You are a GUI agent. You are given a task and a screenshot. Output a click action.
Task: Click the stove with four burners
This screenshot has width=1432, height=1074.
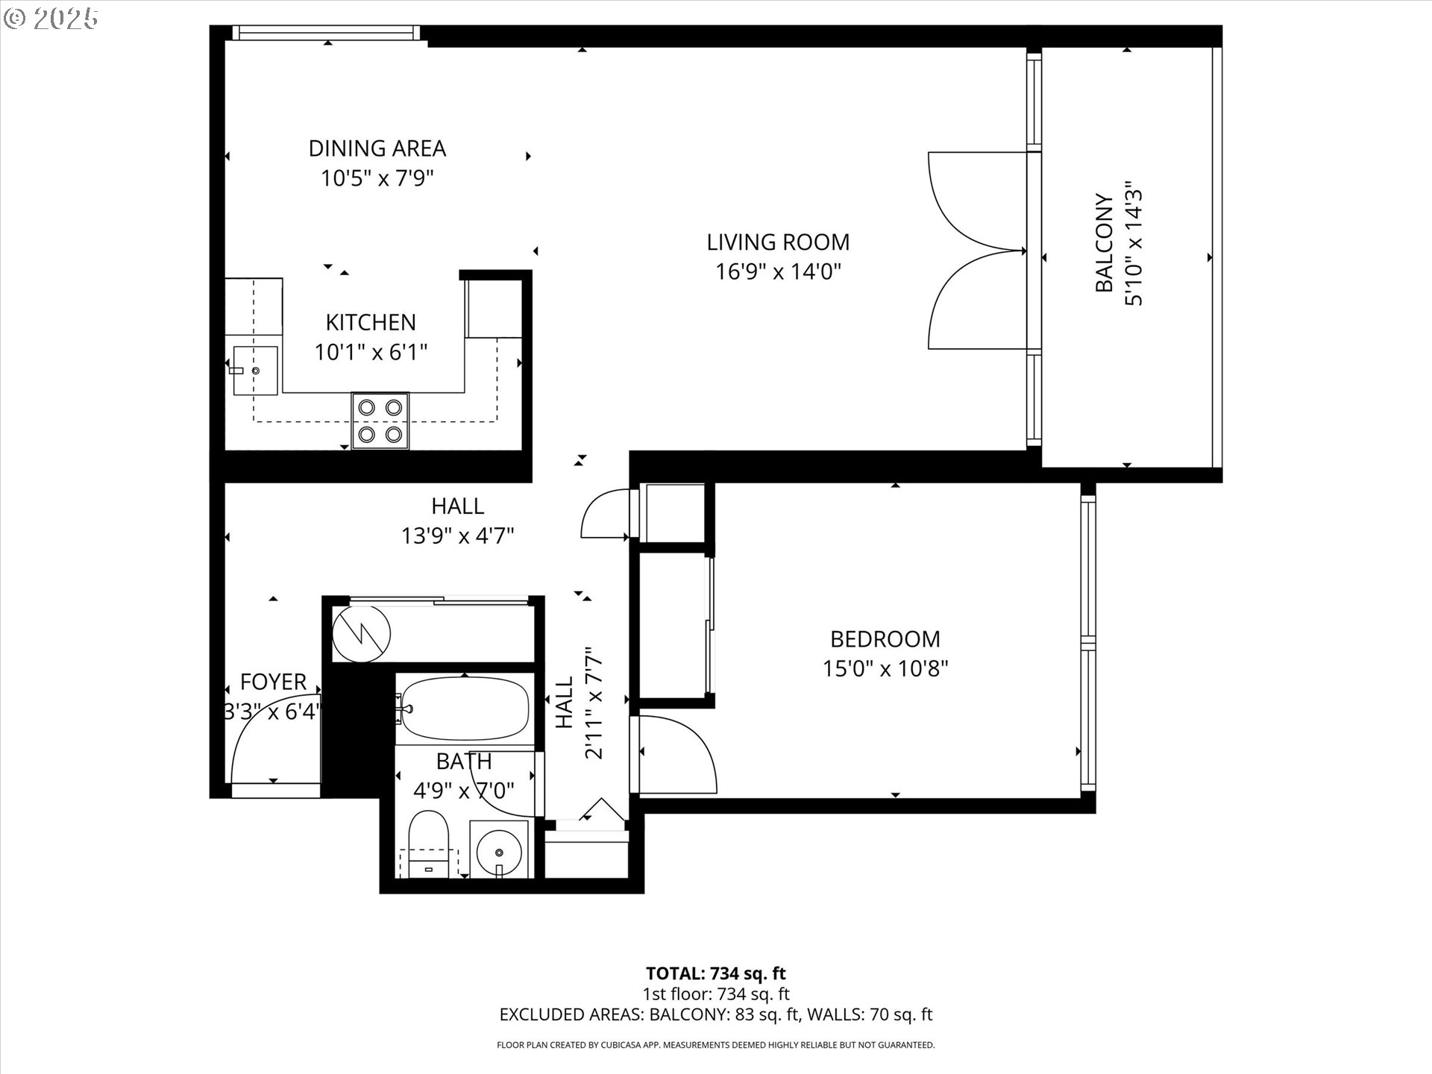pos(380,421)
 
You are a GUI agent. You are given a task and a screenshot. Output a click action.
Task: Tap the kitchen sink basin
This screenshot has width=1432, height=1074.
pos(255,370)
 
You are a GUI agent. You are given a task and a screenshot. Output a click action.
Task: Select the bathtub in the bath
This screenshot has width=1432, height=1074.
pos(464,709)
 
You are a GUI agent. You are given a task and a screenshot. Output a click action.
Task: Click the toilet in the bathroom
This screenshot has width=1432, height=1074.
pos(429,843)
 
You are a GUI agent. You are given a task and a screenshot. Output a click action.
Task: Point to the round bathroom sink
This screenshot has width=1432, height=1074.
pos(499,850)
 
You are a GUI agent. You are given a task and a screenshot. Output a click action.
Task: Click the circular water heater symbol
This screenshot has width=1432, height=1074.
pos(361,633)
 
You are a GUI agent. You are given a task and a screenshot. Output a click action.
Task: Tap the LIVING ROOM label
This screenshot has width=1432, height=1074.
pos(778,242)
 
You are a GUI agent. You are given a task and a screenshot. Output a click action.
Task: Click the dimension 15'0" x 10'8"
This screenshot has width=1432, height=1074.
pos(885,668)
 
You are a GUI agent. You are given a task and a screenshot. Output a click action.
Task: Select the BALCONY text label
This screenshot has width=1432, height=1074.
pos(1105,243)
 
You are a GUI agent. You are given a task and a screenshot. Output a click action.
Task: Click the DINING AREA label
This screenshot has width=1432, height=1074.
pos(377,148)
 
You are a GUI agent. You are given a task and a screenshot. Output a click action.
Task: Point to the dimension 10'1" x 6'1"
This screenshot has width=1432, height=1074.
pos(371,352)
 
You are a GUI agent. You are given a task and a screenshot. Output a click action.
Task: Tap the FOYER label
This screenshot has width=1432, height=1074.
pos(273,682)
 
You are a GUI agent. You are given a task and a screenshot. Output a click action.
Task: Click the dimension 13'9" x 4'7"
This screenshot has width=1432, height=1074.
pos(457,536)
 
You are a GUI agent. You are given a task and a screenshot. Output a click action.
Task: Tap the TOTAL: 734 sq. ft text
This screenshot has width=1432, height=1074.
pos(715,973)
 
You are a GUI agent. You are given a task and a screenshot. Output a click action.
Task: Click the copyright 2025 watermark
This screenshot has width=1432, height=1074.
pos(51,19)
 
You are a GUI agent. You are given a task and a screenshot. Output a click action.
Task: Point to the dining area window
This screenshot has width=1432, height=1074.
pos(325,33)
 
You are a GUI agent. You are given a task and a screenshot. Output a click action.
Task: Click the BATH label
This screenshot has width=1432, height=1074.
pos(463,761)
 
